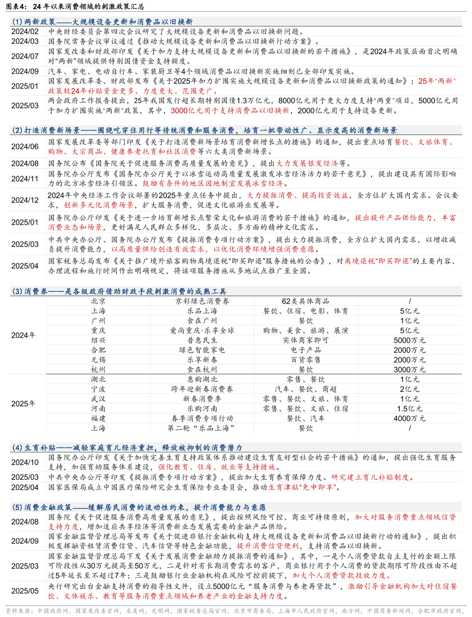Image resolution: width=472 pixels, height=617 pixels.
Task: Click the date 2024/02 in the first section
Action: (25, 31)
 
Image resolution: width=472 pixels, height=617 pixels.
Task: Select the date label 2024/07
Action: (25, 56)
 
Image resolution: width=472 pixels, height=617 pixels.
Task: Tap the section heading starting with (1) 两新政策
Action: (102, 22)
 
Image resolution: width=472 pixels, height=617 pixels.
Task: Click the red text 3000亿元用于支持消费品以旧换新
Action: (230, 111)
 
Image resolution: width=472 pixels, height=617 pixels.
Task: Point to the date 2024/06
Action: (25, 147)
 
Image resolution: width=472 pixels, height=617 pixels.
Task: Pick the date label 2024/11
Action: (25, 179)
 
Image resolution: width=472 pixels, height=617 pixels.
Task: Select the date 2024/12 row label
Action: (25, 200)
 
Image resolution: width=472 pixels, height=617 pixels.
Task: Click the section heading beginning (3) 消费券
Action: (119, 291)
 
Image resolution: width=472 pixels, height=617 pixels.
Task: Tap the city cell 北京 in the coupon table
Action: (98, 301)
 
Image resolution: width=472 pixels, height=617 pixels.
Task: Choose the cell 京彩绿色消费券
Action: (202, 301)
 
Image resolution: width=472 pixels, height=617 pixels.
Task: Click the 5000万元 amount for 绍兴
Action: (410, 340)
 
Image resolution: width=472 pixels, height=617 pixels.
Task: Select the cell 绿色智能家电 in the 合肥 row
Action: (202, 350)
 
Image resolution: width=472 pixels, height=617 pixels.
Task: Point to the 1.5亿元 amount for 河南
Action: (410, 409)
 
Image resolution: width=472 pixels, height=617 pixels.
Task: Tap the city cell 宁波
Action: (98, 389)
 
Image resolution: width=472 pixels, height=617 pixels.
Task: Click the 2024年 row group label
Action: (23, 335)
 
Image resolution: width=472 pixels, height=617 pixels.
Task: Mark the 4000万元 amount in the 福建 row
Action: (410, 418)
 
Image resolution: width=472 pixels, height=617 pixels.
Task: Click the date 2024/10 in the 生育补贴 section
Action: (25, 462)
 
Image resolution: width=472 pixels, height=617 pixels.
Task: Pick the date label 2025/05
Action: (25, 591)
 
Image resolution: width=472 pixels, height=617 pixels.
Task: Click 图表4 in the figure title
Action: (16, 6)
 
